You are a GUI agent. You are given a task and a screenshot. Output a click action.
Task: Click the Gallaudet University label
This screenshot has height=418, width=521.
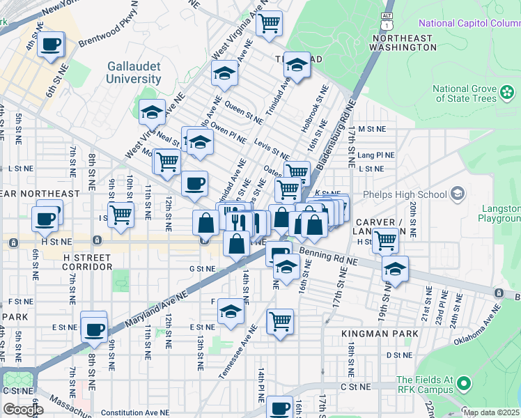coord(134,72)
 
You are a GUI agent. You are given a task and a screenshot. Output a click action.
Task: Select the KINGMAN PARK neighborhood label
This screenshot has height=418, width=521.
coord(380,334)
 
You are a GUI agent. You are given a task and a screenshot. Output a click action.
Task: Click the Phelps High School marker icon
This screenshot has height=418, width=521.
coord(458,193)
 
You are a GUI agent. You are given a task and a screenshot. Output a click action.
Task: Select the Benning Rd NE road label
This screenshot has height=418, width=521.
coord(328,257)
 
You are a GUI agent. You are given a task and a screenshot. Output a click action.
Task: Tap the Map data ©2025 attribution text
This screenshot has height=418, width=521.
coord(490,412)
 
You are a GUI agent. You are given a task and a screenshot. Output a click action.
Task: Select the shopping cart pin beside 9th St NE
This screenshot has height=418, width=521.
coord(120,214)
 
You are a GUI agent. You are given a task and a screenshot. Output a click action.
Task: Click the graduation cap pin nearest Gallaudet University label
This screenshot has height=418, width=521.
coord(152,111)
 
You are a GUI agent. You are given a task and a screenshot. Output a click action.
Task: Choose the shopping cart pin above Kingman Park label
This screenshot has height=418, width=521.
coord(279,321)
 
